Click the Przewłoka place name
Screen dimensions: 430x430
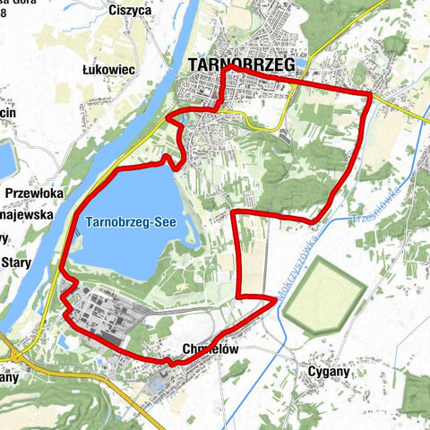[32, 193]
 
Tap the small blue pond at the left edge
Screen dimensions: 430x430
[6, 157]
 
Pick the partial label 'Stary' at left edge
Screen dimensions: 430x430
[17, 262]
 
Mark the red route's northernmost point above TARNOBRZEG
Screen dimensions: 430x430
[229, 66]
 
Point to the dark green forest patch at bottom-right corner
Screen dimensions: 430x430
[414, 390]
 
